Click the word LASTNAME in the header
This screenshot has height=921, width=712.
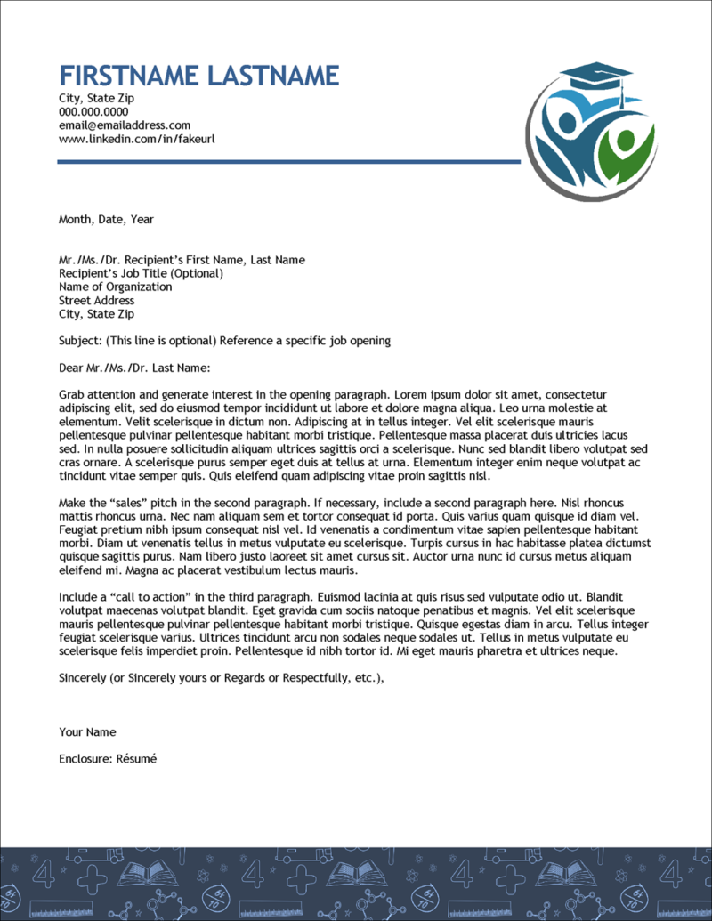272,75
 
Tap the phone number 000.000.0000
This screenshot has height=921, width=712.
93,112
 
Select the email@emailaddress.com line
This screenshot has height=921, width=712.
125,125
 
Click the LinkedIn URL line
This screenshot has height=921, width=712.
136,139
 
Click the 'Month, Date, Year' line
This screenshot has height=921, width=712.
106,219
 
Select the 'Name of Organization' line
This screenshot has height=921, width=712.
115,287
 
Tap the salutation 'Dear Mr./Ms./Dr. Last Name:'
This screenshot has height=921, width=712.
133,368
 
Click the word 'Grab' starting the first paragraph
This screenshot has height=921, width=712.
72,393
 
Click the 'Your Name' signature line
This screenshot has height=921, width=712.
87,732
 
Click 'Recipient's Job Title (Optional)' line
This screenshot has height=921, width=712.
141,273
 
